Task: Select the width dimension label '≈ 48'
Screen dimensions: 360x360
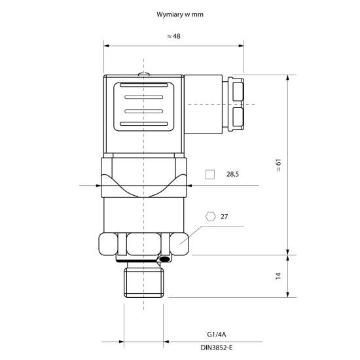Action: pyautogui.click(x=173, y=37)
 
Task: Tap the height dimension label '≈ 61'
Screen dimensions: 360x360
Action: pyautogui.click(x=278, y=165)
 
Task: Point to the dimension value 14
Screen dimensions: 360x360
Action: pyautogui.click(x=278, y=276)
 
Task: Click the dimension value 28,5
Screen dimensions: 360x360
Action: pyautogui.click(x=233, y=174)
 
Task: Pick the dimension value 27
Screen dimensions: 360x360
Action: pyautogui.click(x=225, y=216)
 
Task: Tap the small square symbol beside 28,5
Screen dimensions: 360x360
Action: pyautogui.click(x=209, y=174)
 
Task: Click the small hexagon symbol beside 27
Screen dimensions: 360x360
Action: pyautogui.click(x=210, y=216)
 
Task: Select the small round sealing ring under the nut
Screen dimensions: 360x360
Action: pyautogui.click(x=164, y=261)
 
